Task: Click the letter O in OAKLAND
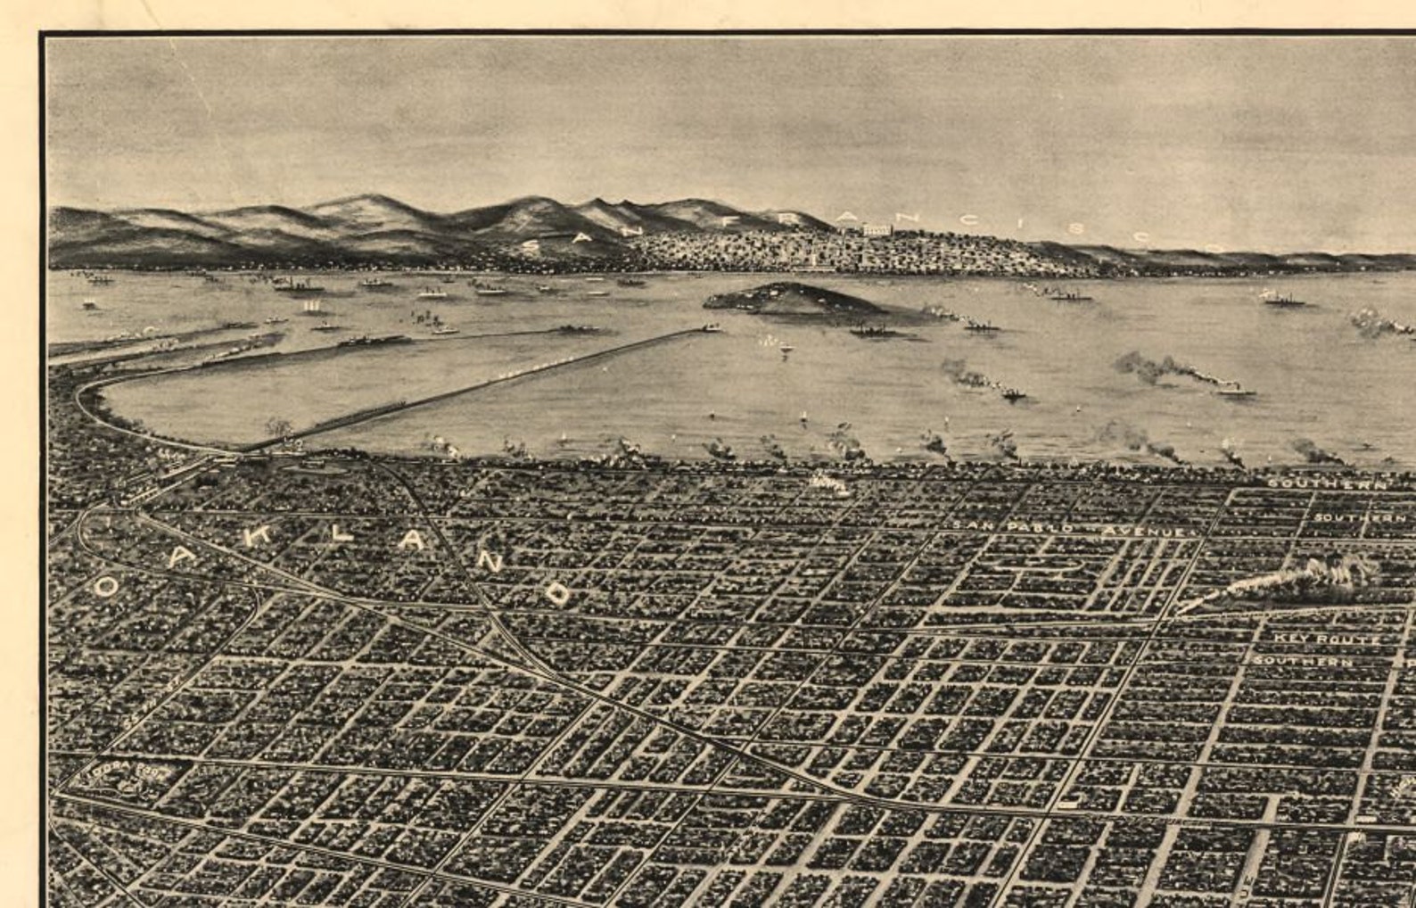coord(106,586)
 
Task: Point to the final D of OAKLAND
coord(558,594)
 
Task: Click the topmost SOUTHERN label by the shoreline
coord(1327,483)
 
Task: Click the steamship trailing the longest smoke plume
coord(1235,390)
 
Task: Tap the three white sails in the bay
coord(311,306)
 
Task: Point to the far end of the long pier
coord(710,329)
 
